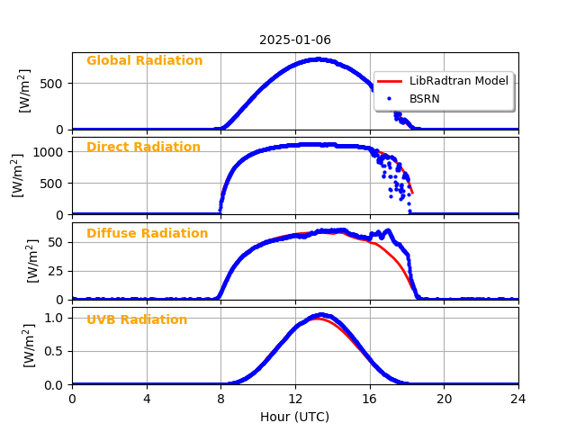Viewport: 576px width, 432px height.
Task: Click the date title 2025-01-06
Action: [295, 40]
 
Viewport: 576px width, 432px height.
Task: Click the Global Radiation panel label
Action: [144, 61]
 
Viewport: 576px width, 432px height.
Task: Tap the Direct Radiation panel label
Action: [143, 148]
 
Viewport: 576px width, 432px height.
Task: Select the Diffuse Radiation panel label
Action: [147, 234]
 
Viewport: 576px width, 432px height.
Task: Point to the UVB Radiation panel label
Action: [137, 320]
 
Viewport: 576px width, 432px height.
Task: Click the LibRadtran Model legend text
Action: [459, 81]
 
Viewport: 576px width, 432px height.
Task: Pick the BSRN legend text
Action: [425, 98]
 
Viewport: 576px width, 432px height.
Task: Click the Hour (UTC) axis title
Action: [295, 417]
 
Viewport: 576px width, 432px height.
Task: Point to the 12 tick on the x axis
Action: [295, 399]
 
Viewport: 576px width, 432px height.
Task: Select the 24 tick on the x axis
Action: [518, 399]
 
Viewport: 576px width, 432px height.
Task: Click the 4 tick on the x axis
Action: [147, 399]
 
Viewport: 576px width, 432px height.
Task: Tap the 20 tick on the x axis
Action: [444, 399]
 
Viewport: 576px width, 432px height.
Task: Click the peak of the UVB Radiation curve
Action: [319, 315]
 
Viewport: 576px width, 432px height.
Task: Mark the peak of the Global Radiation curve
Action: [318, 59]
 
